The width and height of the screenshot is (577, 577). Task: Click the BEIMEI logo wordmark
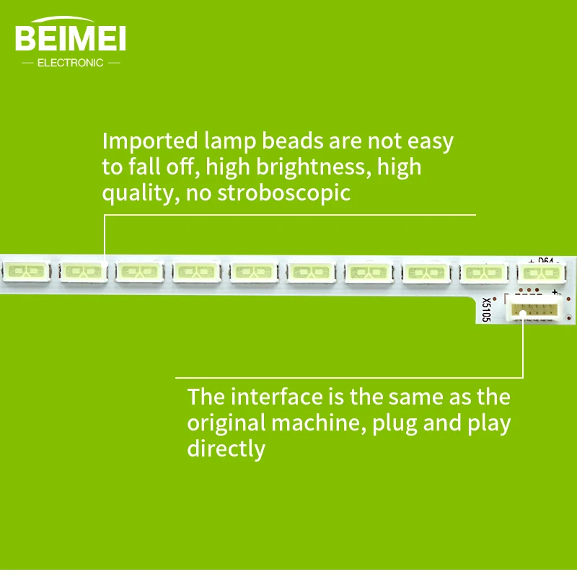(x=70, y=38)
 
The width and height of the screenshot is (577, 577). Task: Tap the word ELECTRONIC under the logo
(x=70, y=63)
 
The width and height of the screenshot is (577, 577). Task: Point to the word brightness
(x=297, y=167)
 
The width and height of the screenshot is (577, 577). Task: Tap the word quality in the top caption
(x=138, y=193)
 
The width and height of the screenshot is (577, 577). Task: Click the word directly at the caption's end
(x=226, y=449)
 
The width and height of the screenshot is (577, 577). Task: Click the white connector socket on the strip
(x=534, y=310)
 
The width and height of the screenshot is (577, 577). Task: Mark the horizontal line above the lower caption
(x=349, y=377)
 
